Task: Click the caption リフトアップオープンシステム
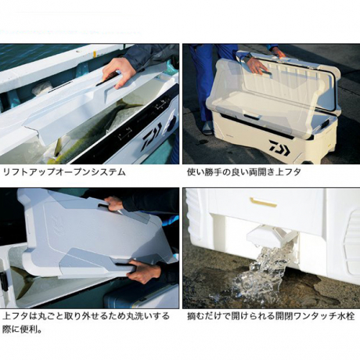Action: (x=64, y=172)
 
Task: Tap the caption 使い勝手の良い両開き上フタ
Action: (x=244, y=172)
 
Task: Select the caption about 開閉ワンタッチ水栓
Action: (x=271, y=316)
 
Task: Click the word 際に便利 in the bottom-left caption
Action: (x=20, y=329)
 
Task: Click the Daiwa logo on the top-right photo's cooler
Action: (x=279, y=148)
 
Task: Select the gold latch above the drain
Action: (x=263, y=202)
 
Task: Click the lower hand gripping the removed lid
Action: (x=142, y=272)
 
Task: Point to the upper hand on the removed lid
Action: (x=115, y=203)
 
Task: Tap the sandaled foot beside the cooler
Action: (x=207, y=128)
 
